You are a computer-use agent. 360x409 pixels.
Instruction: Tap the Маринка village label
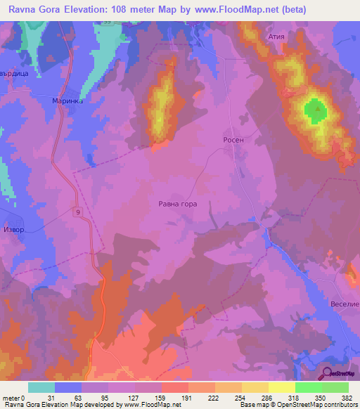click(x=68, y=101)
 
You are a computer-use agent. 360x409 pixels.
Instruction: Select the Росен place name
click(x=233, y=140)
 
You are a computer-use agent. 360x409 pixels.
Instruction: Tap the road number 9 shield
click(x=77, y=212)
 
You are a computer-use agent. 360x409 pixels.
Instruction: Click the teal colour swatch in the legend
click(x=41, y=387)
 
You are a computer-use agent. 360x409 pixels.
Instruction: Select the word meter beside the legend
click(x=11, y=398)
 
